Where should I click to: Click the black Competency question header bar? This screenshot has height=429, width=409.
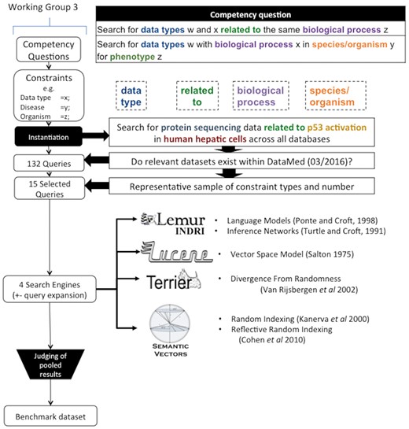260,14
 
